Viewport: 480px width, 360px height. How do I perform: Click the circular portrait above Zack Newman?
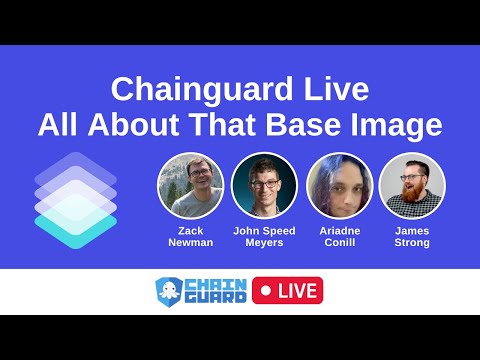coord(190,186)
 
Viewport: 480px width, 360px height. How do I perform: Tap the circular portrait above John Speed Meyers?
coord(264,186)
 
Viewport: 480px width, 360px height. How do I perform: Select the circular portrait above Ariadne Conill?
coord(338,186)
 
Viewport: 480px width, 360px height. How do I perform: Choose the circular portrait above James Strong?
coord(412,186)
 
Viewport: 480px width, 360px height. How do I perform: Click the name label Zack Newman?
coord(190,236)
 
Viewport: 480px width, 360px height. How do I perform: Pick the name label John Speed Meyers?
coord(264,236)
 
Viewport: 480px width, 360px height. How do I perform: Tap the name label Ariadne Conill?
coord(338,236)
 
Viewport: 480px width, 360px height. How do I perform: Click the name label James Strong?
coord(412,236)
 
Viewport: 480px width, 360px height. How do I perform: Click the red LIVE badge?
coord(288,291)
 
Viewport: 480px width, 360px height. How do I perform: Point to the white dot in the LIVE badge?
coord(266,291)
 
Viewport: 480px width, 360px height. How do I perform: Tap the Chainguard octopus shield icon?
coord(169,291)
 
